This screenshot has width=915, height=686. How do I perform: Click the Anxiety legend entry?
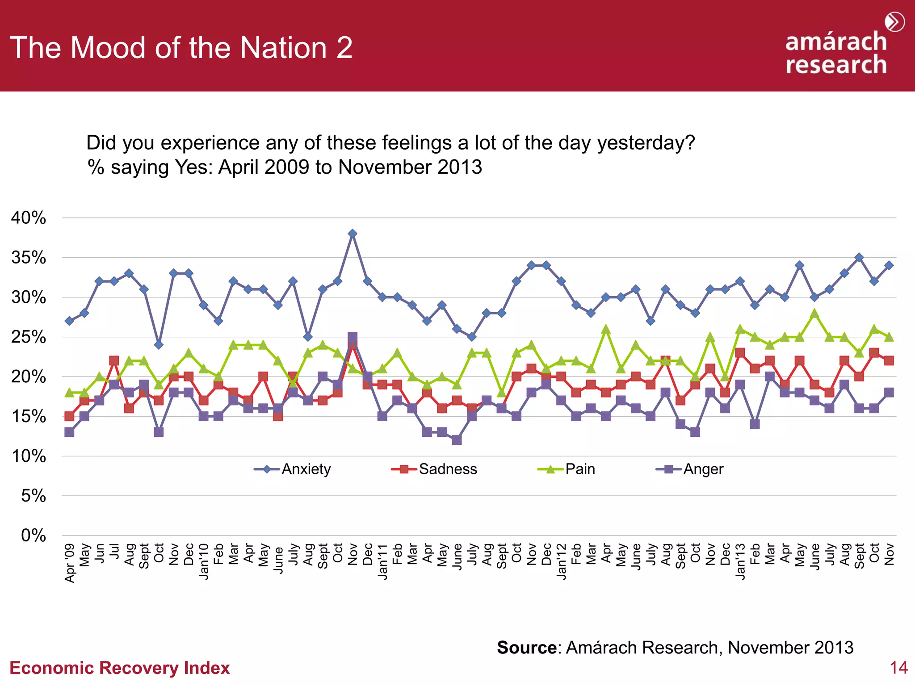[x=306, y=469]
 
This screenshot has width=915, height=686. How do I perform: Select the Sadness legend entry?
[x=447, y=469]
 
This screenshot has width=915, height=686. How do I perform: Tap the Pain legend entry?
[x=579, y=469]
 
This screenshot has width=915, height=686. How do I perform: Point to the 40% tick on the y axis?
[x=29, y=218]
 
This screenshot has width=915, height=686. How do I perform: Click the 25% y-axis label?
[x=29, y=337]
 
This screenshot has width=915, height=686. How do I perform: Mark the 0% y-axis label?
[x=34, y=535]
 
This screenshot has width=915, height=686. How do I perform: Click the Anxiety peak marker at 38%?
[x=353, y=234]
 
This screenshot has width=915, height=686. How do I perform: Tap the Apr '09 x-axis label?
[x=70, y=563]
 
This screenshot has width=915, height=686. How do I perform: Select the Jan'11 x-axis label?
[x=382, y=561]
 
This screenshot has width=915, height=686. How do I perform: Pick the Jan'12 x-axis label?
[x=562, y=561]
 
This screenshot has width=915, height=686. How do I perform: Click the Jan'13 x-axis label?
[x=740, y=561]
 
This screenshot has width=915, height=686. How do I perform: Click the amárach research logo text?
[x=835, y=53]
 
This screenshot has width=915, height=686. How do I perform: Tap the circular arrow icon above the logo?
[x=894, y=22]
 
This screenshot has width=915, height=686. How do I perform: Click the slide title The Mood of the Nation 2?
[x=181, y=48]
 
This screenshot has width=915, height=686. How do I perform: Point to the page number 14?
[x=898, y=668]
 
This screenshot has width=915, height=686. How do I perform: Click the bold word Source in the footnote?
[x=527, y=648]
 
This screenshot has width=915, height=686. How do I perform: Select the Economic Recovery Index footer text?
[x=120, y=668]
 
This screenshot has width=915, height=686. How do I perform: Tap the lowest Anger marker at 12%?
[x=457, y=440]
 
